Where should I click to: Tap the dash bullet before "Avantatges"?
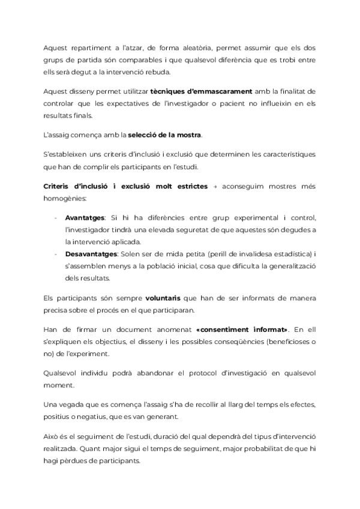[x=56, y=217]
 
